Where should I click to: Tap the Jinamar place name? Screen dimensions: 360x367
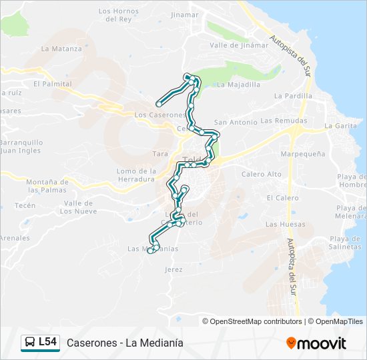point(185,14)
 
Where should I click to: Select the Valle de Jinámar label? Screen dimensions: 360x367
point(238,45)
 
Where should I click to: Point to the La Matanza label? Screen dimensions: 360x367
point(57,49)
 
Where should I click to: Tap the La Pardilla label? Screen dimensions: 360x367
point(293,96)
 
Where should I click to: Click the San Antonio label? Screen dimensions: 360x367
point(235,123)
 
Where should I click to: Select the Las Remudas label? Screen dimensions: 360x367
point(284,121)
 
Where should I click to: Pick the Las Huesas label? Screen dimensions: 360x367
point(280,225)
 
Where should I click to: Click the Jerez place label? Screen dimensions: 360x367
point(173,269)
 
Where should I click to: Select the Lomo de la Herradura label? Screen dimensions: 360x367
point(136,175)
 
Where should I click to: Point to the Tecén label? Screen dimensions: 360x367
point(25,205)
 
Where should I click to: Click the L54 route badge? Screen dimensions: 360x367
point(41,343)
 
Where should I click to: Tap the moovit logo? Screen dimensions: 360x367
point(316,343)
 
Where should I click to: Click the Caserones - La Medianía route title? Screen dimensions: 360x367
point(125,343)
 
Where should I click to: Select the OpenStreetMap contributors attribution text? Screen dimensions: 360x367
point(256,321)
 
